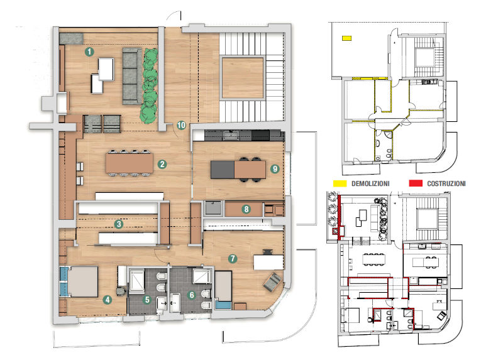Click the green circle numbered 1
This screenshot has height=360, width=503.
click(89, 52)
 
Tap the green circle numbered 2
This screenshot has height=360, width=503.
click(162, 164)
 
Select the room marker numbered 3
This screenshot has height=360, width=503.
click(119, 224)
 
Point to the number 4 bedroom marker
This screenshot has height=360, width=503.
click(107, 300)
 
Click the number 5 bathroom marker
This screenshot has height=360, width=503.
click(147, 300)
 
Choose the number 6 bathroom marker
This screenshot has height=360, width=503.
click(192, 295)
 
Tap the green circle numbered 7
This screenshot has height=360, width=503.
click(233, 258)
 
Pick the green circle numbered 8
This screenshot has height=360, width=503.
click(246, 209)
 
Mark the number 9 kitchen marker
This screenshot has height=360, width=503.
click(275, 168)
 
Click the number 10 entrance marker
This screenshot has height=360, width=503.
click(181, 125)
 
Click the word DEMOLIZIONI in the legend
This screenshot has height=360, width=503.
click(370, 183)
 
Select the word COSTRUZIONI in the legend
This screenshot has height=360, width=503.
click(446, 183)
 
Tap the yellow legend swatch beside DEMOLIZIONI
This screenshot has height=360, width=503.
click(340, 183)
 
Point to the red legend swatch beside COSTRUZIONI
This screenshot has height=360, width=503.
click(416, 183)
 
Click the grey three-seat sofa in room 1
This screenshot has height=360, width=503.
click(132, 76)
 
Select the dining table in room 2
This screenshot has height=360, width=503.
click(130, 163)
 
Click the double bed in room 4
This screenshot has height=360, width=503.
click(82, 281)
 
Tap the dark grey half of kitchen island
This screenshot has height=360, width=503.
click(223, 170)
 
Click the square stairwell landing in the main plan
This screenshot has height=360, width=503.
click(243, 78)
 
